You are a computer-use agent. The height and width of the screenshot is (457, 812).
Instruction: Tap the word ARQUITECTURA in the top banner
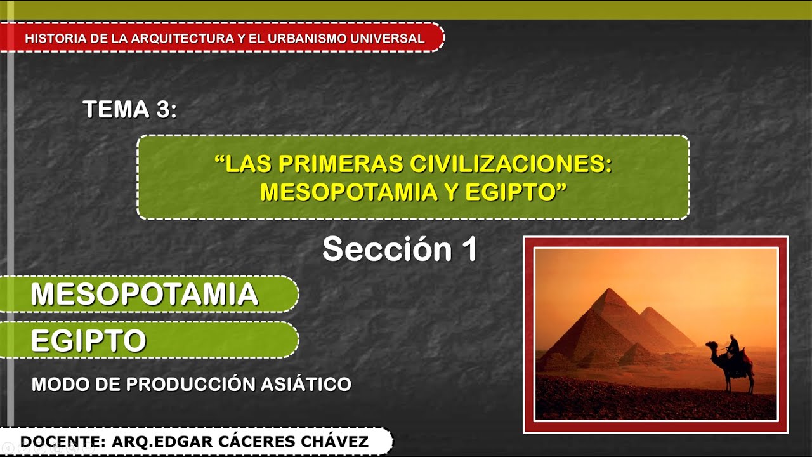181,38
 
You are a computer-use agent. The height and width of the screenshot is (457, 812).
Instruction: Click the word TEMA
115,109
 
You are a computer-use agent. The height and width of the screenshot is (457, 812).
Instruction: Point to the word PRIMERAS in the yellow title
339,164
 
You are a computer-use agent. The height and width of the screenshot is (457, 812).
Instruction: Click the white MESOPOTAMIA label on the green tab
145,294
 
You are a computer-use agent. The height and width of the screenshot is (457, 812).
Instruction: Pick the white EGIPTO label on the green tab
88,341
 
